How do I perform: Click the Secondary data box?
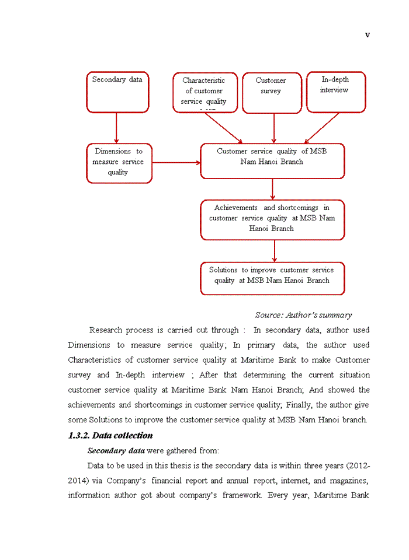pos(117,92)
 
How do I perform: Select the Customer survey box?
pos(272,92)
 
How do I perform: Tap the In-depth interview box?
pos(336,92)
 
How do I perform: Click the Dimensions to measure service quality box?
pos(119,163)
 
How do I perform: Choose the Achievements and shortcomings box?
pos(272,219)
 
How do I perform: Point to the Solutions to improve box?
pos(272,278)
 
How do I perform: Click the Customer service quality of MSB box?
pos(272,160)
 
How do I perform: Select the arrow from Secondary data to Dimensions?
pos(117,128)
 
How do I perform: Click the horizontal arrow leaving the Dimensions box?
pos(176,163)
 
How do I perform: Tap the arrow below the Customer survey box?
pos(274,128)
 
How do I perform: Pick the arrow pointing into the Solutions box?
pos(274,251)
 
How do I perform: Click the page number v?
pos(368,35)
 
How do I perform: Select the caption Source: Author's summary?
pos(303,315)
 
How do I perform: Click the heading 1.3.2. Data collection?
pos(110,435)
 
